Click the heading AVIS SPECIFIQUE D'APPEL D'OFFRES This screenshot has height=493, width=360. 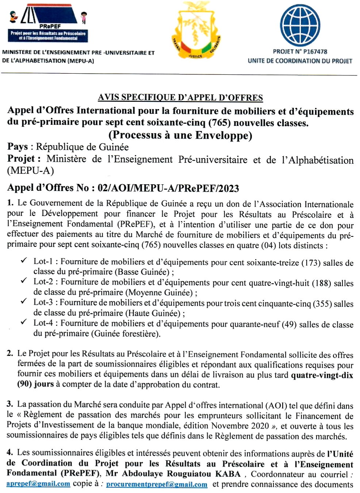point(180,97)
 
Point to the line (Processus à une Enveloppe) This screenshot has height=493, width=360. point(180,135)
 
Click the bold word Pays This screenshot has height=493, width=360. point(18,147)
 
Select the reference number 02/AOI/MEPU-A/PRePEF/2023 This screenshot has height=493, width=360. point(168,188)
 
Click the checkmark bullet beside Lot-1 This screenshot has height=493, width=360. point(24,260)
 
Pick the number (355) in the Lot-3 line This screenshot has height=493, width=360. point(322,304)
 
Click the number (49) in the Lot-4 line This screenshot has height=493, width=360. point(289,324)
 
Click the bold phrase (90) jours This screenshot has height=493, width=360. point(35,384)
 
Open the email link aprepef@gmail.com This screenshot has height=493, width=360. point(38,484)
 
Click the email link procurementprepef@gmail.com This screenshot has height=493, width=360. point(157,484)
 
